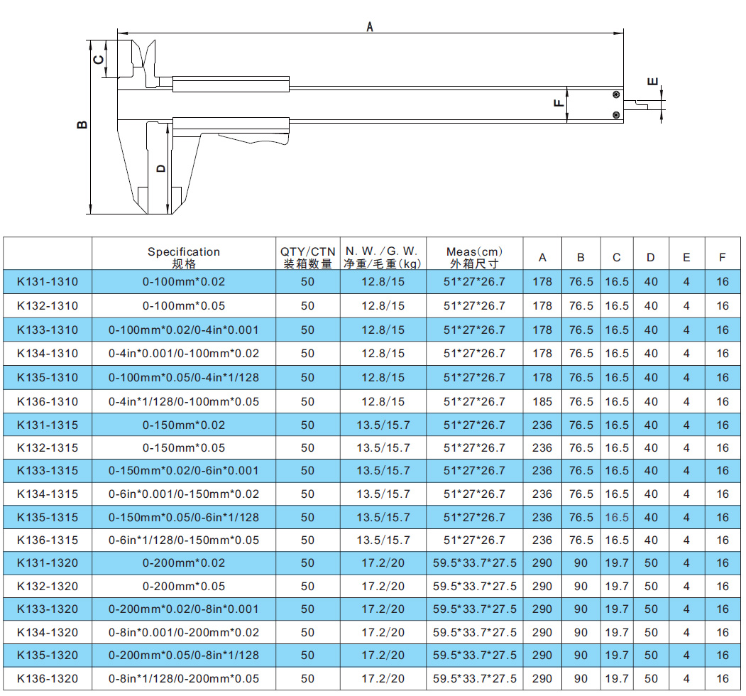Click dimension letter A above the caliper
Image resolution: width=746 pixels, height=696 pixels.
[x=370, y=27]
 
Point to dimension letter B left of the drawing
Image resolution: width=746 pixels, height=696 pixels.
[x=82, y=125]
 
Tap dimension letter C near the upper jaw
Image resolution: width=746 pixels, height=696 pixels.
[x=99, y=60]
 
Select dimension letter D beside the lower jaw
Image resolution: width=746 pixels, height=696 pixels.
[x=161, y=168]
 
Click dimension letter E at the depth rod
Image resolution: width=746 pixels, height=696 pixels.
[x=653, y=82]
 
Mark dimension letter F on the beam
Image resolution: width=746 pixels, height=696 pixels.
[x=559, y=103]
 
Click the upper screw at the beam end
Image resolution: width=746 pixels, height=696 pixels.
[x=616, y=94]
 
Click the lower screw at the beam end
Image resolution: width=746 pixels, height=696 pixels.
[x=616, y=115]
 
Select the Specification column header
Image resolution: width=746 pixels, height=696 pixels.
[x=184, y=257]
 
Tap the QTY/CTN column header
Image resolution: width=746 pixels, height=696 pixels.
[x=308, y=257]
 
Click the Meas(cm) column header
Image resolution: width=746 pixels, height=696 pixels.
[x=474, y=257]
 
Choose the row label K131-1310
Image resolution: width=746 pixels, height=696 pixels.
[x=48, y=282]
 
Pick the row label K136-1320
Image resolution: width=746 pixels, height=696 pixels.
[x=48, y=678]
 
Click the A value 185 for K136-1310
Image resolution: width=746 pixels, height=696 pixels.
[x=542, y=402]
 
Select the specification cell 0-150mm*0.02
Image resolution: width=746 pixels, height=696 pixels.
[x=184, y=425]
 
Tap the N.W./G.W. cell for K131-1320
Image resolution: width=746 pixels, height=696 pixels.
[x=383, y=562]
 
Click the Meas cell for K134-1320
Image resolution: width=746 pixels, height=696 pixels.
[x=474, y=632]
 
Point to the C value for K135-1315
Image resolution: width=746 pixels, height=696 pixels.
[x=617, y=518]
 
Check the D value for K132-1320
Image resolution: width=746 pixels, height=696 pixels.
[x=651, y=586]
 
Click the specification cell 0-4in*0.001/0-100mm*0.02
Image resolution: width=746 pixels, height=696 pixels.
[x=184, y=353]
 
